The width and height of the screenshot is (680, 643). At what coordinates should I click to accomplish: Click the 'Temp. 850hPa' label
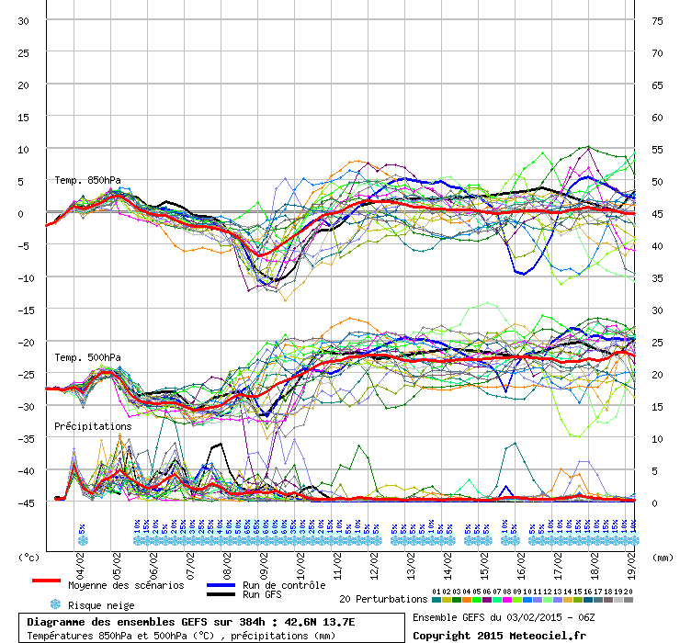tap(87, 180)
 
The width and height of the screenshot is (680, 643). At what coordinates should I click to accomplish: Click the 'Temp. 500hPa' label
tap(87, 357)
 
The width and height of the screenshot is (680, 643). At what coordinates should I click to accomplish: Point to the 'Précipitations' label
tap(92, 426)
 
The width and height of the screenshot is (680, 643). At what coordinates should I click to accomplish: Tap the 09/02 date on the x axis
tap(265, 557)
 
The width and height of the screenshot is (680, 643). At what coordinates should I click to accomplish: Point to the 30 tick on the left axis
tap(24, 20)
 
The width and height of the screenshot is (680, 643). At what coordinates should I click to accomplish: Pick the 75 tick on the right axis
tap(656, 20)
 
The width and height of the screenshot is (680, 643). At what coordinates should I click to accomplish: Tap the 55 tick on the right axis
tap(656, 149)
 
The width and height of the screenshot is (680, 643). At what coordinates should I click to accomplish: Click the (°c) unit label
tap(29, 557)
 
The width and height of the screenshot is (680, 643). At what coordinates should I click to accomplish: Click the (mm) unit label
tap(663, 557)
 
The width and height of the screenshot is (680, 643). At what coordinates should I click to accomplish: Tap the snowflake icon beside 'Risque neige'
tap(55, 604)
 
